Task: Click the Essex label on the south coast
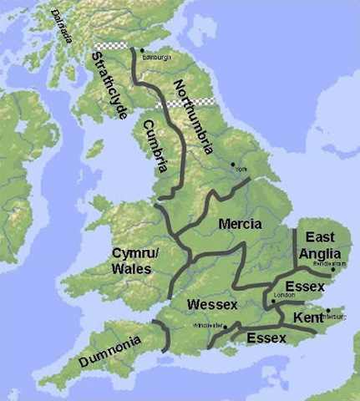coord(265,338)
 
